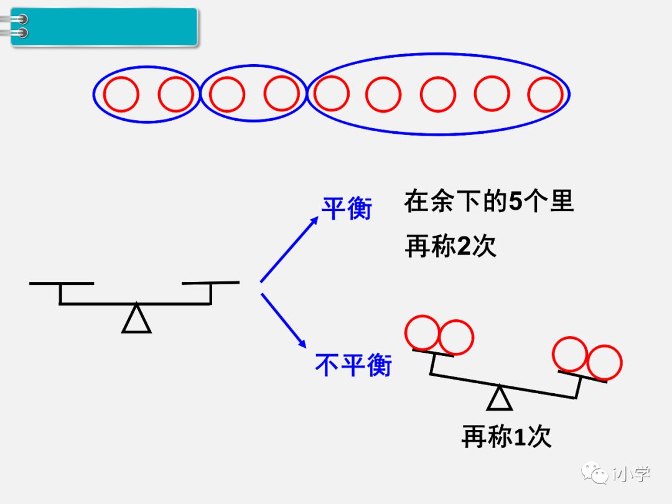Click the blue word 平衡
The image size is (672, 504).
347,208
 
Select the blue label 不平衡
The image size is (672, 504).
353,365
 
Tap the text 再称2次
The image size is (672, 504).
450,246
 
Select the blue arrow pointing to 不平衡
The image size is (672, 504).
284,320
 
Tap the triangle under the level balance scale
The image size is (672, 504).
136,319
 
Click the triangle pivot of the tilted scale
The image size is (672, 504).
499,399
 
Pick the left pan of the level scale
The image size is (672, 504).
61,284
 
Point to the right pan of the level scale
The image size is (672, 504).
210,284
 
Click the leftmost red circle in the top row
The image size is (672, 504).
121,95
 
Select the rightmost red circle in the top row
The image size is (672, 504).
545,95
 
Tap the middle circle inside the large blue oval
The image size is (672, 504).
438,95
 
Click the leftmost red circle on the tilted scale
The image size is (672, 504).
422,333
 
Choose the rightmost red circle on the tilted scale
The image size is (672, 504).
604,363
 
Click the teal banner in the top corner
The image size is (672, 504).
104,27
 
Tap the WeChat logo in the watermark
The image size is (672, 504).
595,474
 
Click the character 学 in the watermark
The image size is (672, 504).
638,474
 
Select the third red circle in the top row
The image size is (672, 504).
227,95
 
